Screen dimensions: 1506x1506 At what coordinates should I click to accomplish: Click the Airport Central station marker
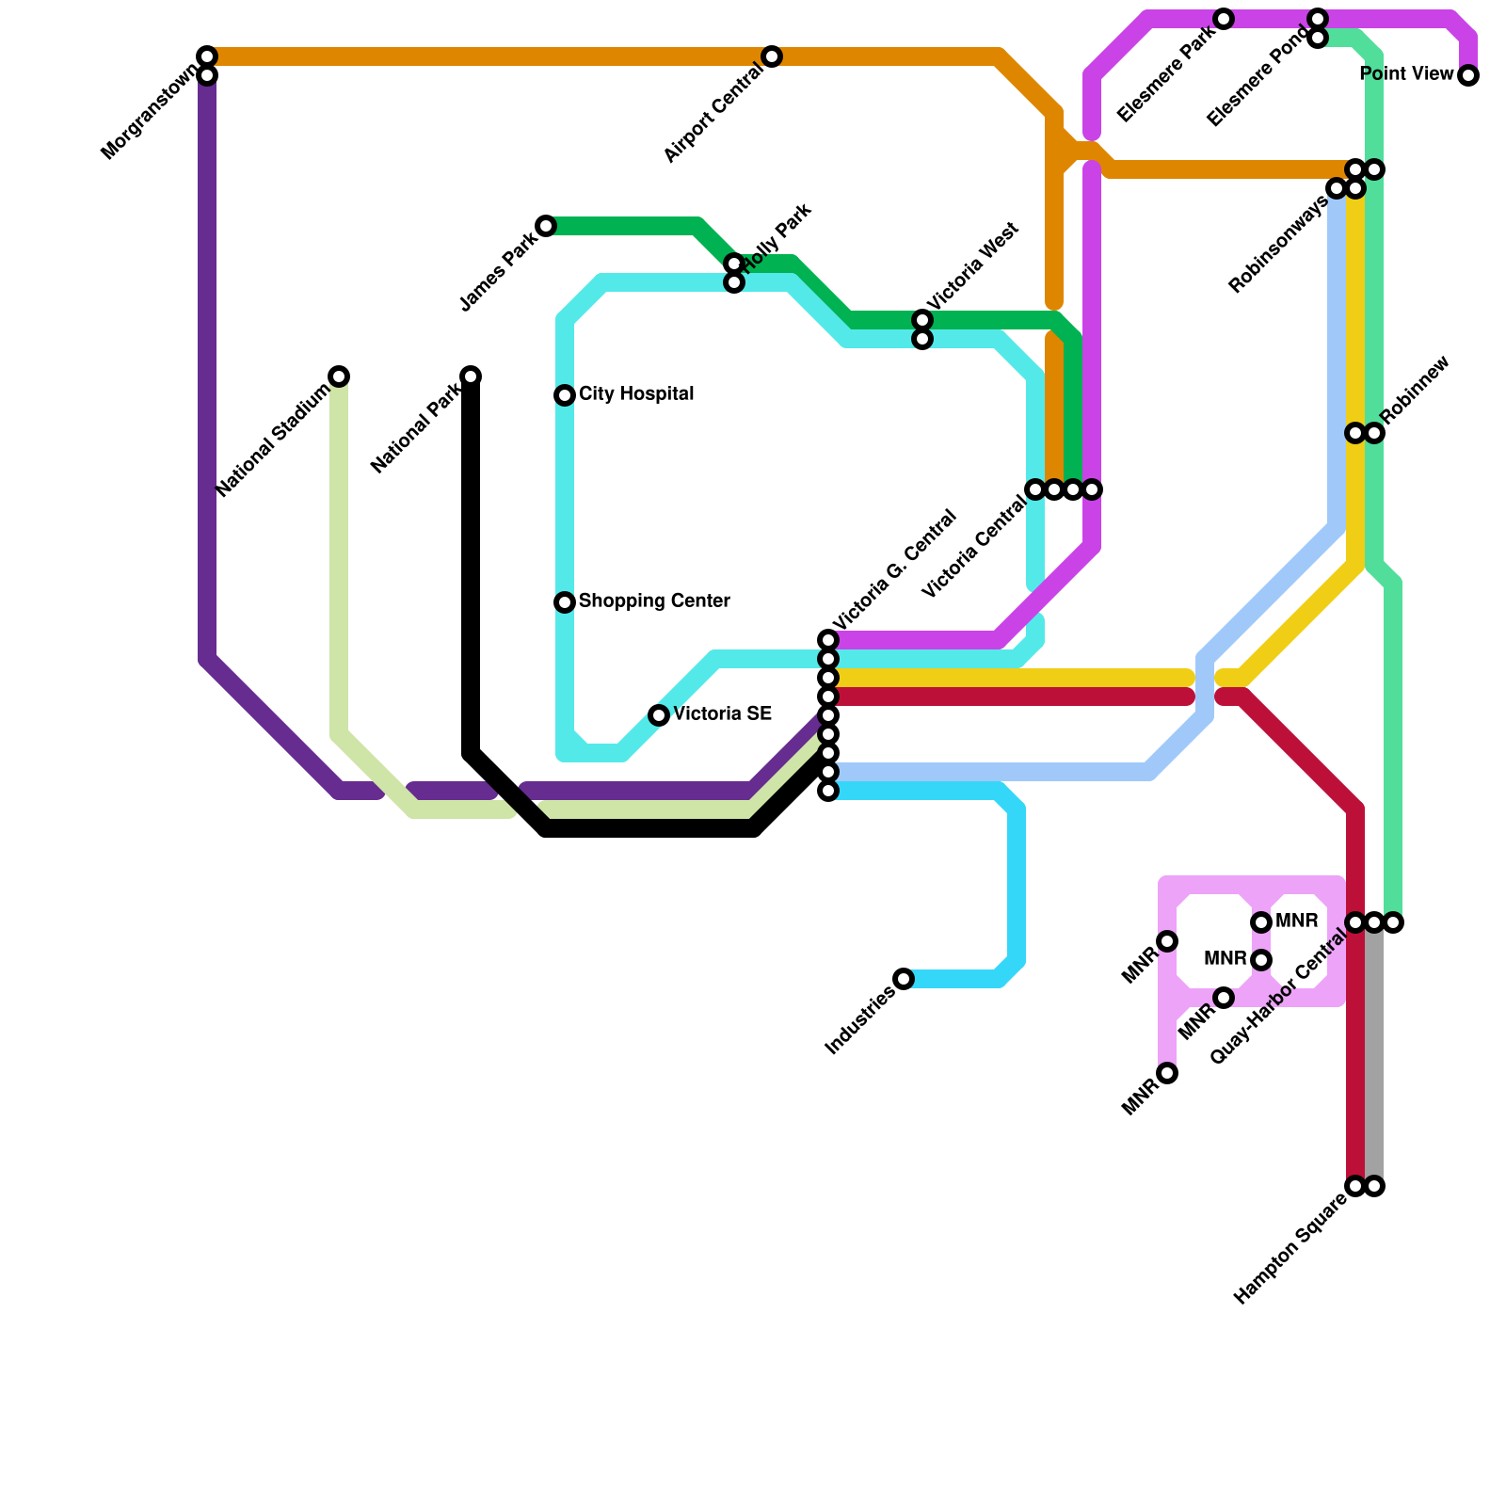[x=772, y=56]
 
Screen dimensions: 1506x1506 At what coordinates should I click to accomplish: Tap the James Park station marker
[x=546, y=226]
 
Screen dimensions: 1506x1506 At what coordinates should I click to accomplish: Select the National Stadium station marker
[x=339, y=376]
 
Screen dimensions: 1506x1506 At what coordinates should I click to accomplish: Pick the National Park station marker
[x=471, y=376]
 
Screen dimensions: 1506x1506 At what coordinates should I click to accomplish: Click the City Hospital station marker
[x=565, y=395]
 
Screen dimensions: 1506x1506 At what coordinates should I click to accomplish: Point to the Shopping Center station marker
[x=565, y=602]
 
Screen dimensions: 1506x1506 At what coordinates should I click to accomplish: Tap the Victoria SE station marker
[x=659, y=715]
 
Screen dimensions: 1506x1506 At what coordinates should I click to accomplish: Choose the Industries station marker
[x=904, y=979]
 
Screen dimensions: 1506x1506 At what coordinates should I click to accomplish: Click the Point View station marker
[x=1468, y=76]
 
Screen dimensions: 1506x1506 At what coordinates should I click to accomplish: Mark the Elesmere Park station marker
[x=1224, y=19]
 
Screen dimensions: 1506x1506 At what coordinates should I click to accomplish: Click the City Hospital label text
[x=636, y=394]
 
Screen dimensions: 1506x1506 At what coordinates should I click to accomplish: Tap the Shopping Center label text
[x=654, y=601]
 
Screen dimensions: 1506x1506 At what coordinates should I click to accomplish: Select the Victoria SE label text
[x=722, y=714]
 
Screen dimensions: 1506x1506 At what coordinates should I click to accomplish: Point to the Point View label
[x=1407, y=74]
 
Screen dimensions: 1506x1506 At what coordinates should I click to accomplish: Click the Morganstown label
[x=150, y=113]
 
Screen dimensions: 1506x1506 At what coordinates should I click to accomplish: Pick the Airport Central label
[x=713, y=117]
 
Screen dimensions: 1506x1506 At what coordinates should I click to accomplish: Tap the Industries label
[x=858, y=1023]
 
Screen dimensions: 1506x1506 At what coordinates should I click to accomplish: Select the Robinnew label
[x=1418, y=390]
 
